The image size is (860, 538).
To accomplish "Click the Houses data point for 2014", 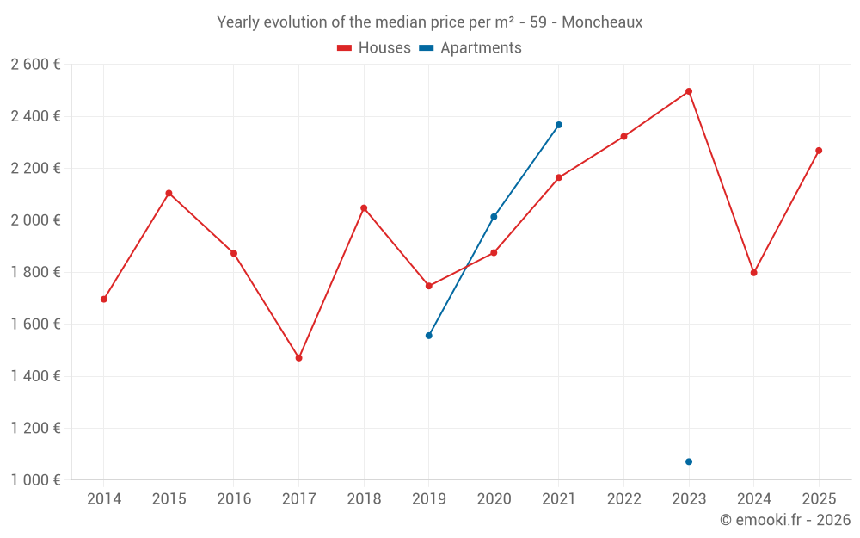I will point(104,300).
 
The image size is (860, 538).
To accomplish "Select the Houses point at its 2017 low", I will point(299,358).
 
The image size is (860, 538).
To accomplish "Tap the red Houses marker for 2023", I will point(689,91).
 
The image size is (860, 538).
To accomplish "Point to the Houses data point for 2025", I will point(819,151).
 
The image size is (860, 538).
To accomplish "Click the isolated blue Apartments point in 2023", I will point(689,462).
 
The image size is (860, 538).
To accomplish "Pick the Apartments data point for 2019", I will point(429,336).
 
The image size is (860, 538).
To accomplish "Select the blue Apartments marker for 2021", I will point(559,125).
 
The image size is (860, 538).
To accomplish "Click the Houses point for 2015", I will point(169,193).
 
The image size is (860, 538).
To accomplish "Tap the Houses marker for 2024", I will point(754,273).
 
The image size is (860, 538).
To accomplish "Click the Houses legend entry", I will point(374,48).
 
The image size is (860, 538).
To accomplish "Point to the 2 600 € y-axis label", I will point(35,65).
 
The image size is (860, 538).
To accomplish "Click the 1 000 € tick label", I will point(35,480).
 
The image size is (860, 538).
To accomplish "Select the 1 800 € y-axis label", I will point(35,272).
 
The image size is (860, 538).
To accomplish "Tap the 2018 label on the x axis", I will point(364,499).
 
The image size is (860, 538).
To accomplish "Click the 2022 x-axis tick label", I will point(623,499).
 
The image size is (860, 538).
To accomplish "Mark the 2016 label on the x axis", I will point(234,499).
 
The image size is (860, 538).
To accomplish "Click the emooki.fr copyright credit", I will point(784,520).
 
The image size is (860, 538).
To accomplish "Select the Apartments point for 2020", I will point(494,217).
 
